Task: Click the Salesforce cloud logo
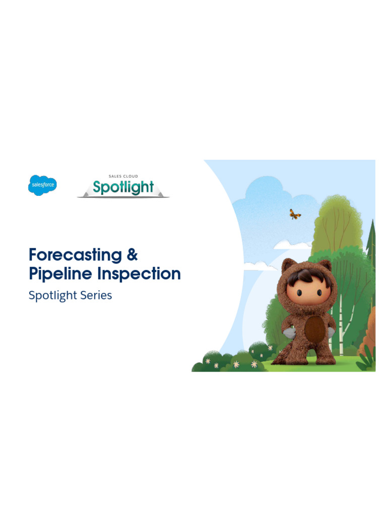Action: [42, 185]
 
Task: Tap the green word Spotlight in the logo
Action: [123, 188]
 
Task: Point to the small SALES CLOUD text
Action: [123, 176]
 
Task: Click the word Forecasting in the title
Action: [75, 255]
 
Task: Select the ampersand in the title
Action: [132, 254]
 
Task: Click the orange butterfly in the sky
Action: [295, 214]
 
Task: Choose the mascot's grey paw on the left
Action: [288, 333]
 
